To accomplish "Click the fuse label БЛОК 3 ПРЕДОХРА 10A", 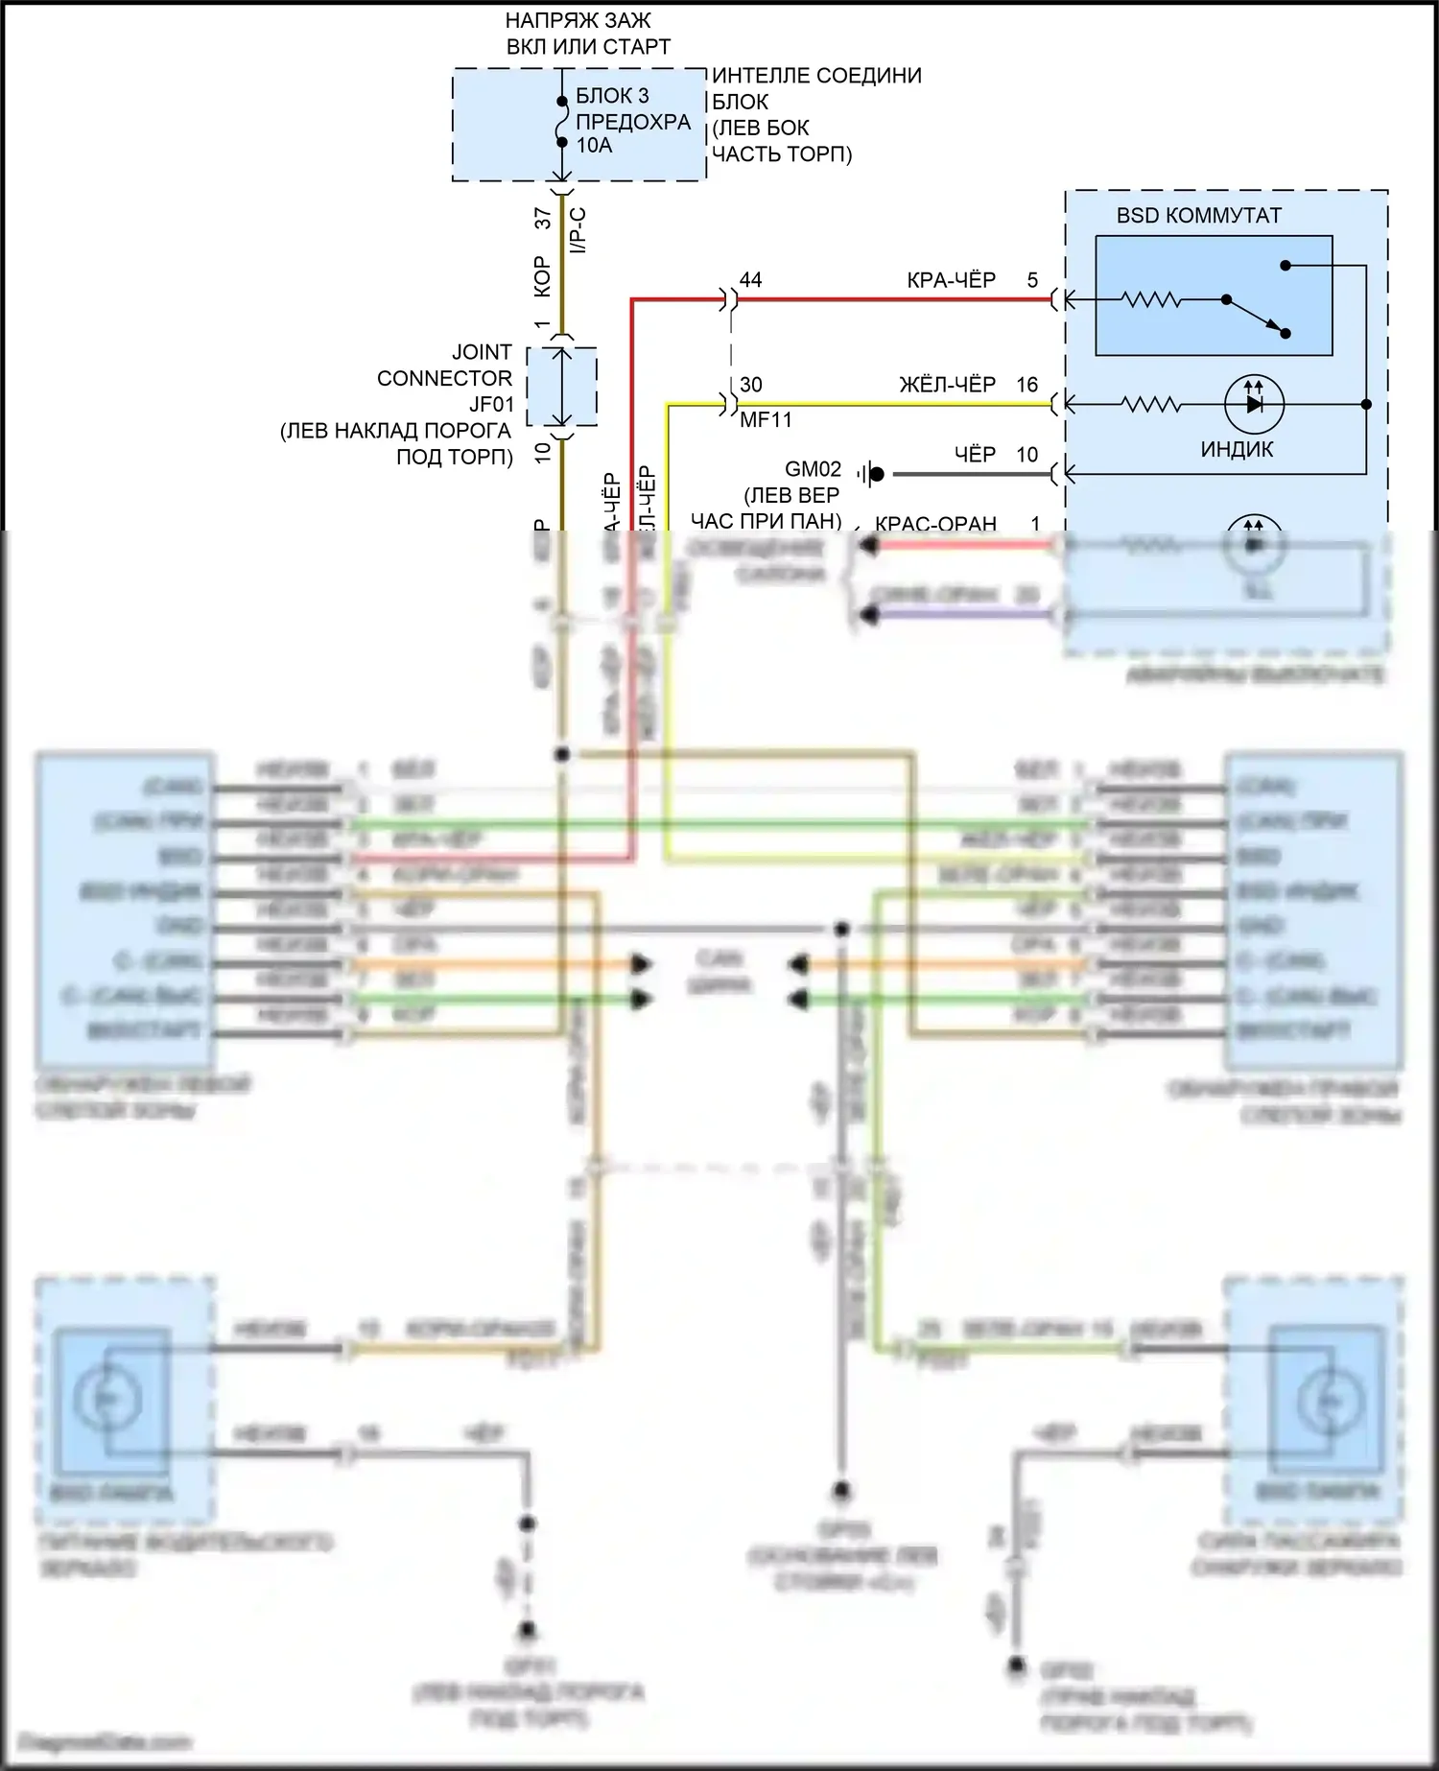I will [x=632, y=121].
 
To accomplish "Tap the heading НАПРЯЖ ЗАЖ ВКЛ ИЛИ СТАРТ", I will [x=587, y=34].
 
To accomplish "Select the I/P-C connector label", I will [x=578, y=230].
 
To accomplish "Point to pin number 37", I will [x=544, y=219].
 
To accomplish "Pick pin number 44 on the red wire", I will [x=750, y=280].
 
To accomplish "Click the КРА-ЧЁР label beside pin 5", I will [x=951, y=280].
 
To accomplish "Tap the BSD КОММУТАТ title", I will [x=1198, y=216].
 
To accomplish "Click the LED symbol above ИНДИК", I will [x=1254, y=405].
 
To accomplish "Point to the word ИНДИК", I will [x=1237, y=449].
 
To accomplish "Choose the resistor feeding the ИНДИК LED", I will [x=1151, y=405].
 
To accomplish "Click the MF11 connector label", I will [x=766, y=420].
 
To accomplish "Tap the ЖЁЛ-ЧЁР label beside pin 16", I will [x=947, y=385].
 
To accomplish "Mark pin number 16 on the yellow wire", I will [x=1027, y=385].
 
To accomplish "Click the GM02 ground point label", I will [x=813, y=469].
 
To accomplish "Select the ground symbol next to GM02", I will [x=872, y=473].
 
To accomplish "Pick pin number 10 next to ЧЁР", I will [x=1027, y=455].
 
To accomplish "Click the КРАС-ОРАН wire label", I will [x=935, y=524].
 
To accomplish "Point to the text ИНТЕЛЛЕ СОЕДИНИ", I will [x=816, y=76].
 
